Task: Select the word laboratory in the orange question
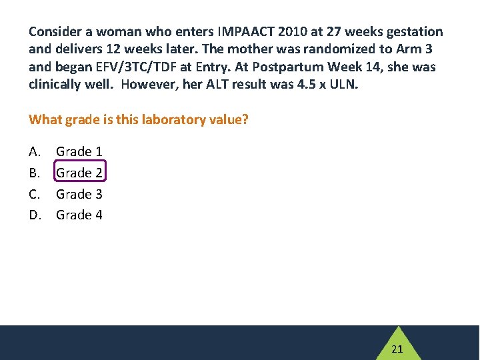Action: click(x=171, y=120)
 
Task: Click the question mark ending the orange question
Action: click(x=246, y=120)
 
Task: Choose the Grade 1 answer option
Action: click(x=79, y=152)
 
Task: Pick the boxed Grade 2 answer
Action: click(x=79, y=173)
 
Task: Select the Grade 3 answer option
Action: click(x=79, y=194)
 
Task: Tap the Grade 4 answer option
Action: click(x=79, y=215)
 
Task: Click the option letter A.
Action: click(x=34, y=152)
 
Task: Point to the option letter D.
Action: click(x=35, y=215)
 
